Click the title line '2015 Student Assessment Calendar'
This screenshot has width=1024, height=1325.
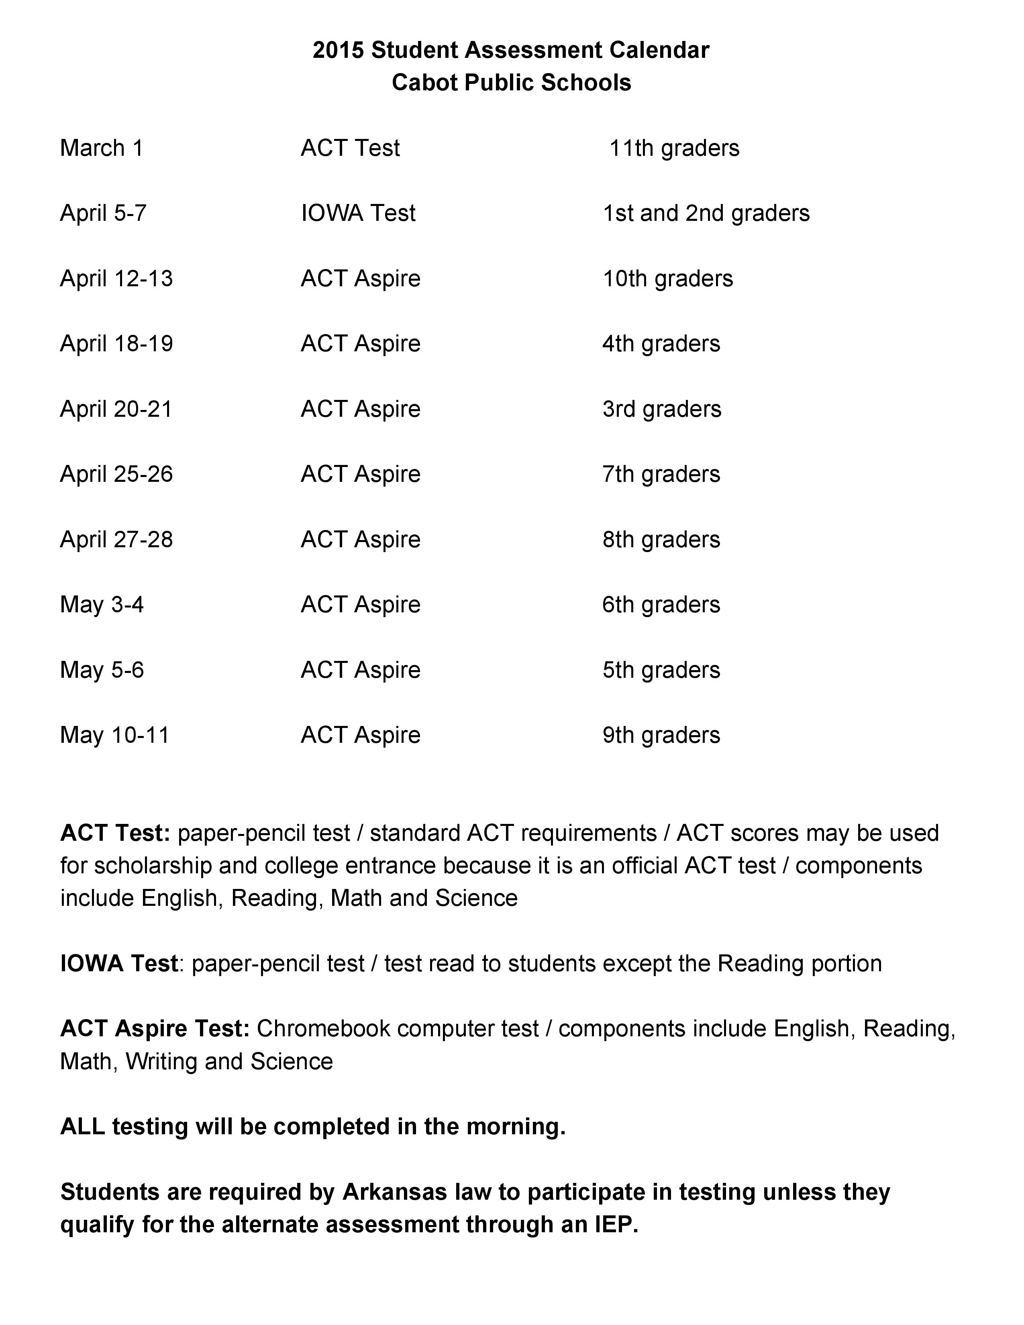click(511, 50)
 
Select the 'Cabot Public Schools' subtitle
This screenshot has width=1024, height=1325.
click(511, 82)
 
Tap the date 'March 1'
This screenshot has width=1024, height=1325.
click(101, 148)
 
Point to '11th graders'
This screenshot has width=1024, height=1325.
click(674, 148)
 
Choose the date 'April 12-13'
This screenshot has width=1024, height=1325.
click(116, 279)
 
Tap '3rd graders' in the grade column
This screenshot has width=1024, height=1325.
click(662, 409)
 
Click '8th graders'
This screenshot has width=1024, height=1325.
click(661, 539)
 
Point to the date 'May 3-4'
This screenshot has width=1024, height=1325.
click(102, 605)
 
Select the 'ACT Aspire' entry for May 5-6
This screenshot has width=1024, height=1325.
click(360, 670)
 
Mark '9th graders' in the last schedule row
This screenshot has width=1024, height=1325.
click(661, 735)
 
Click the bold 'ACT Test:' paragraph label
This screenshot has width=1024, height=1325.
click(115, 833)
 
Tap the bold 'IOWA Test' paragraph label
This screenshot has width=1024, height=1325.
click(119, 963)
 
